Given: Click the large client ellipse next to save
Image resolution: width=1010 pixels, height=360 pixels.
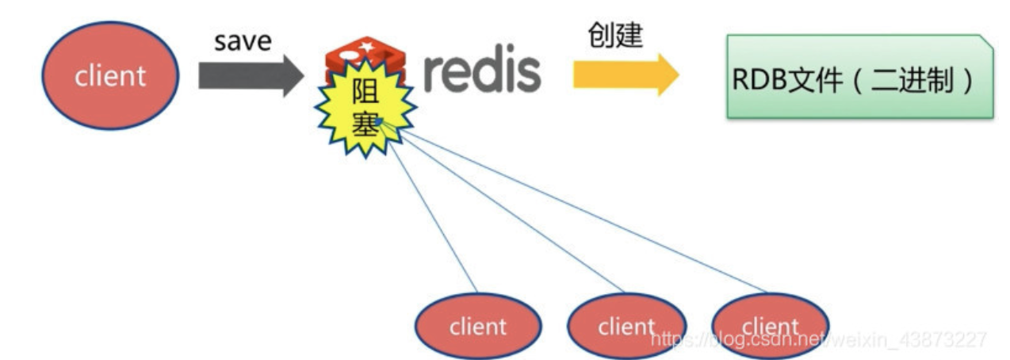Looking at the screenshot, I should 110,75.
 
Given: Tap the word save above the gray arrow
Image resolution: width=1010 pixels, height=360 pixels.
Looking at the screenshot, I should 242,41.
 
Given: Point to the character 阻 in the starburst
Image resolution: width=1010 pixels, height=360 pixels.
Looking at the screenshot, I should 365,98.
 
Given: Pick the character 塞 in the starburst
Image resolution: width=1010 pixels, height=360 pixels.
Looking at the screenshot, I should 365,124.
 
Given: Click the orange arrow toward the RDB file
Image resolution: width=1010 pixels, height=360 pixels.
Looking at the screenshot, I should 626,76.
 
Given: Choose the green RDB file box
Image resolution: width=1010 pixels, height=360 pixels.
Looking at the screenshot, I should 860,77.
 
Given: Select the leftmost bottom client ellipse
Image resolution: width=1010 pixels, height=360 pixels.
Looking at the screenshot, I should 478,327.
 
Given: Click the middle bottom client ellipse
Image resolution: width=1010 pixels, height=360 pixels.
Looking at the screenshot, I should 627,327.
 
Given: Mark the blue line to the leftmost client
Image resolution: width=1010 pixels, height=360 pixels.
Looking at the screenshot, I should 432,214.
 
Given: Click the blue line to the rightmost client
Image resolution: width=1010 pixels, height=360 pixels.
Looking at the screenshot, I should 579,210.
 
